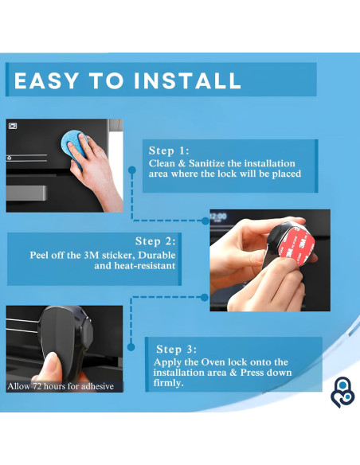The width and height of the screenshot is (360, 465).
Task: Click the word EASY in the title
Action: [46, 80]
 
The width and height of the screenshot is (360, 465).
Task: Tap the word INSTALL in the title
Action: [188, 80]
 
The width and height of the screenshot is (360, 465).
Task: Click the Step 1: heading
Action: [169, 150]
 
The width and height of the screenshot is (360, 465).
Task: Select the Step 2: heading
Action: [155, 241]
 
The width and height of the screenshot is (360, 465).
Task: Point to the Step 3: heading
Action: [177, 349]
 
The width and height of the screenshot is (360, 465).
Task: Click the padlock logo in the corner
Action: [342, 392]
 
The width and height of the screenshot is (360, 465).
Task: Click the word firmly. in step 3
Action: [168, 383]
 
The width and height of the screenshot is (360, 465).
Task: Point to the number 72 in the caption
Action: [37, 386]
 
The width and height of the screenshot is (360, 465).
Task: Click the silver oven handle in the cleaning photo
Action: [27, 193]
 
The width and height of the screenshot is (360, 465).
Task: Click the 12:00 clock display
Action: [218, 217]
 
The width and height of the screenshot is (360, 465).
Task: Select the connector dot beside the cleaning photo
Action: [132, 170]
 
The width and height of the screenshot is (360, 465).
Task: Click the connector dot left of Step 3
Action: [131, 346]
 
